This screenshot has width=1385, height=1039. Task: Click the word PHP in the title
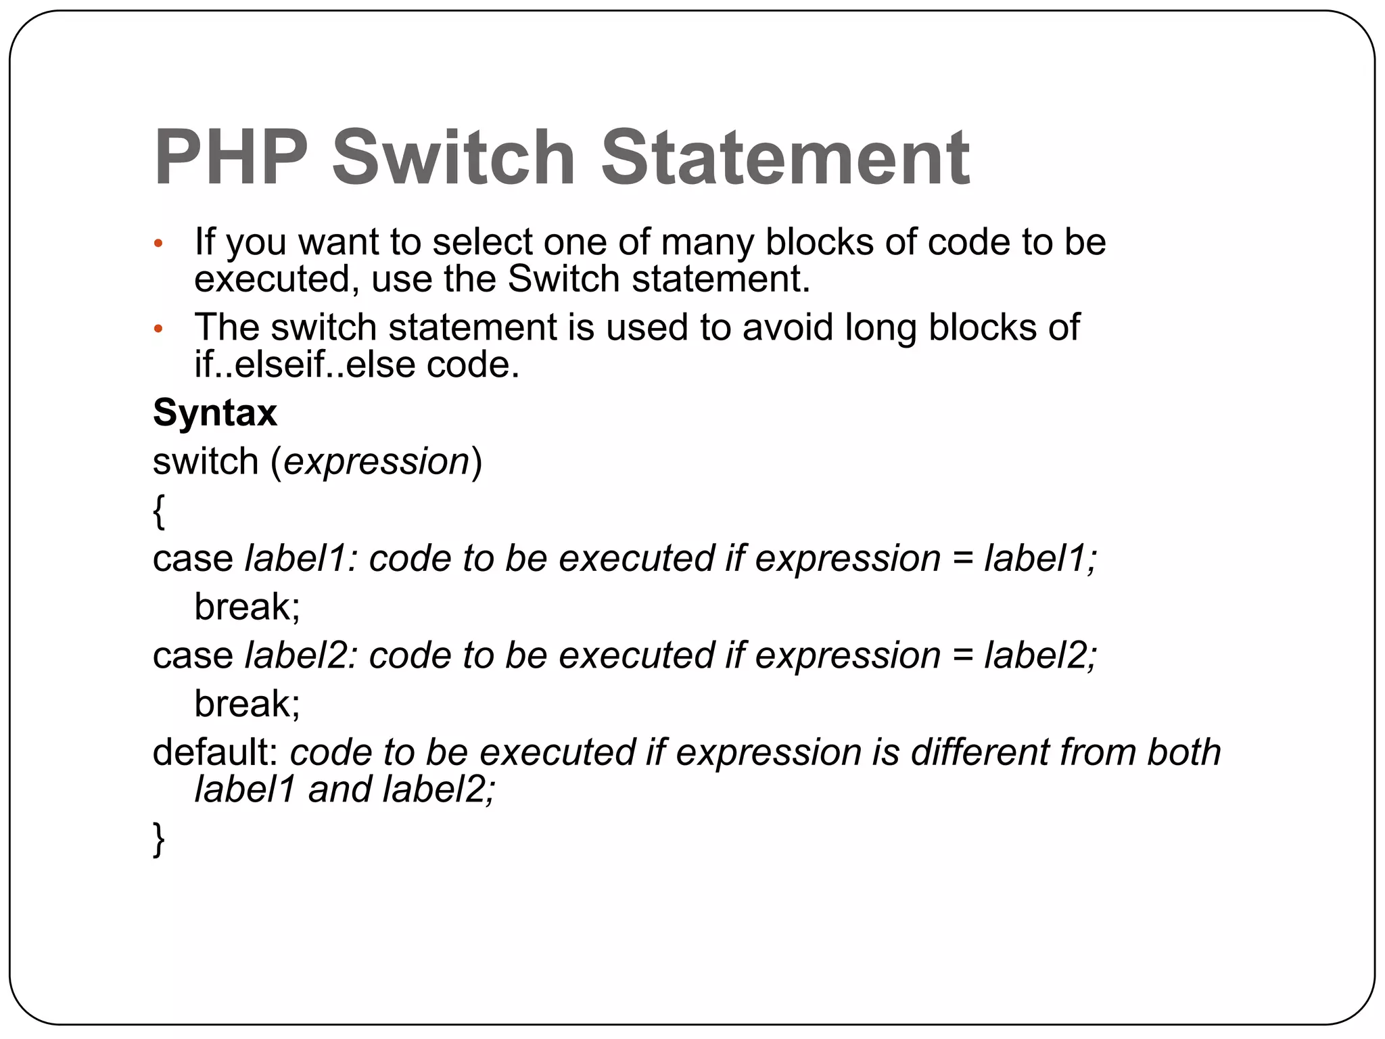(231, 158)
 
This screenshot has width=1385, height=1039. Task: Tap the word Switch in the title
(453, 158)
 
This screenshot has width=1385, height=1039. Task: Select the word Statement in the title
(784, 158)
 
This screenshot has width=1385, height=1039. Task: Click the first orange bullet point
(158, 244)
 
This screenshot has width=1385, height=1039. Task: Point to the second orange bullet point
(158, 329)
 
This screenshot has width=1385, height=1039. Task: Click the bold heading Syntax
(215, 413)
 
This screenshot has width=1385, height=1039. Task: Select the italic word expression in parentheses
(377, 462)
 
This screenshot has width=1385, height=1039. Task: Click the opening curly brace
(159, 511)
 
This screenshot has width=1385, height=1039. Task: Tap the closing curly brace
(159, 839)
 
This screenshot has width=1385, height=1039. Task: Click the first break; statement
(247, 607)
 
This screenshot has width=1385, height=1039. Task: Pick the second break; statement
(247, 704)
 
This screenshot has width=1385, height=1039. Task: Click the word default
(215, 752)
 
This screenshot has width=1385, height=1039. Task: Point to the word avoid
(787, 328)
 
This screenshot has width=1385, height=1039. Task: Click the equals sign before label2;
(962, 657)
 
